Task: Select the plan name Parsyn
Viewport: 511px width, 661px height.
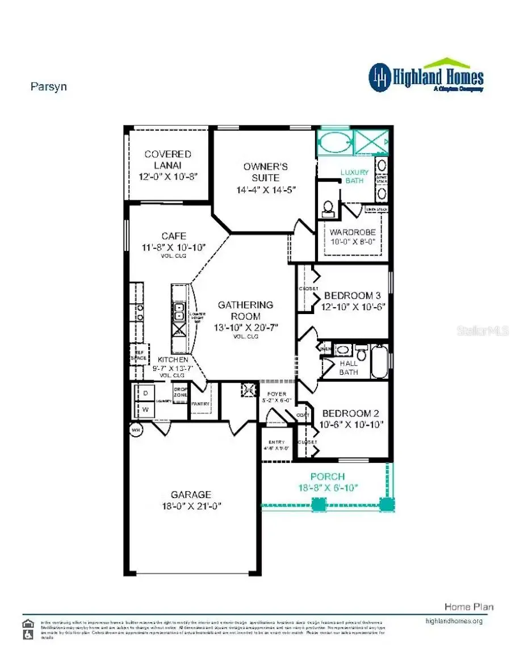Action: [48, 87]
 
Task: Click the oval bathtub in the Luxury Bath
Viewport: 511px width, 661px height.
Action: [334, 141]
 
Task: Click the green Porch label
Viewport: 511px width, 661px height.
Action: [328, 476]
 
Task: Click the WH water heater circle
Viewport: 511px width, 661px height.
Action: [136, 430]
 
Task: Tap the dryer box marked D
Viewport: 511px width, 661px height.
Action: [145, 394]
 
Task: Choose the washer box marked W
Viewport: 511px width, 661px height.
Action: [145, 409]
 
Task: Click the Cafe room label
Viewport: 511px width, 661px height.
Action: [173, 236]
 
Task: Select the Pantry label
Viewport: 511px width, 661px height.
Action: [200, 404]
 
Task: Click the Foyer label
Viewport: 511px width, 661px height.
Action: [277, 394]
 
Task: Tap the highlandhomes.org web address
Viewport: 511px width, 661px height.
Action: [454, 621]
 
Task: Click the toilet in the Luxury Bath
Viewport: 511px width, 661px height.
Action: [328, 208]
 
